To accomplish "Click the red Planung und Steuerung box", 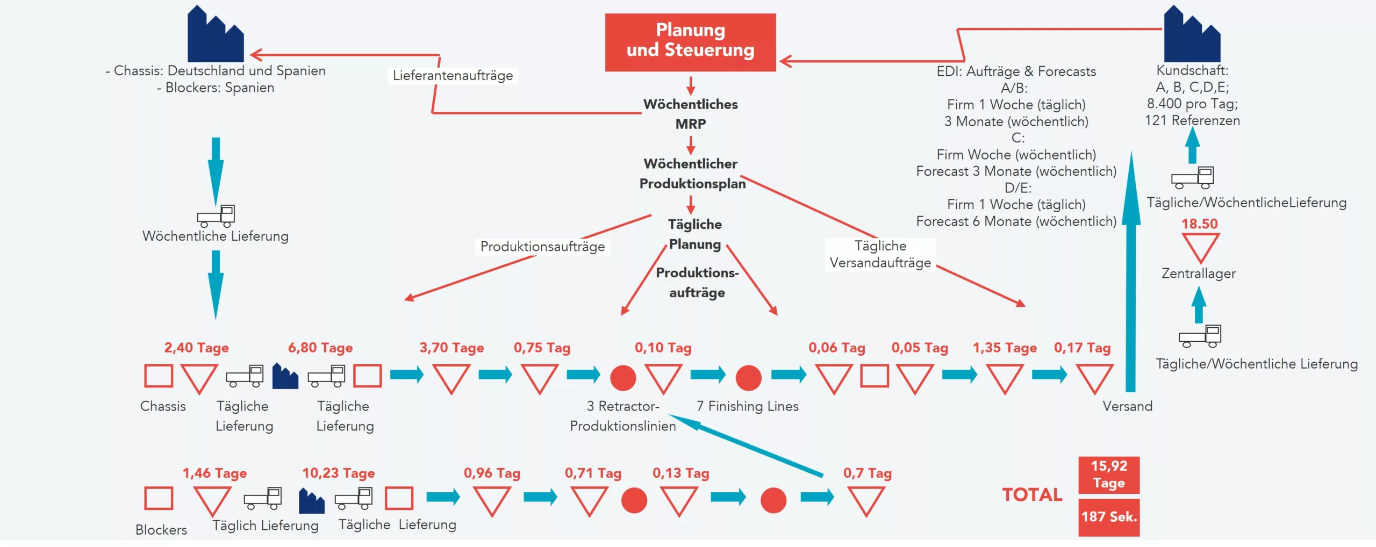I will (690, 42).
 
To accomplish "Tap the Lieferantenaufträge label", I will (453, 76).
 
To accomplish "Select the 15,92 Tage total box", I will (1108, 474).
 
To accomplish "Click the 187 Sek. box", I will (1108, 517).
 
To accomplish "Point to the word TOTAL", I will (1032, 494).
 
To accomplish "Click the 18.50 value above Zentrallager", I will (1199, 224).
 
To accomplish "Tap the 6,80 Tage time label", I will (320, 348).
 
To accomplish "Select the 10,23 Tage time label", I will (338, 473).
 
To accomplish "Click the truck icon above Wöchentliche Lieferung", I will (216, 215).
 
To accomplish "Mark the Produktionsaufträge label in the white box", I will (542, 247).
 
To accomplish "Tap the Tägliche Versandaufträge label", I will (880, 254).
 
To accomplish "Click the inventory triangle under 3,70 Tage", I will (451, 377).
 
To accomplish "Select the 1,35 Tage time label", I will (1004, 348).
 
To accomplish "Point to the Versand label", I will (1127, 406).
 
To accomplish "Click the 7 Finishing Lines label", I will (747, 406).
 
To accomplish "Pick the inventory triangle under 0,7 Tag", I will (866, 500).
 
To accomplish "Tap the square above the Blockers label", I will (159, 498).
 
